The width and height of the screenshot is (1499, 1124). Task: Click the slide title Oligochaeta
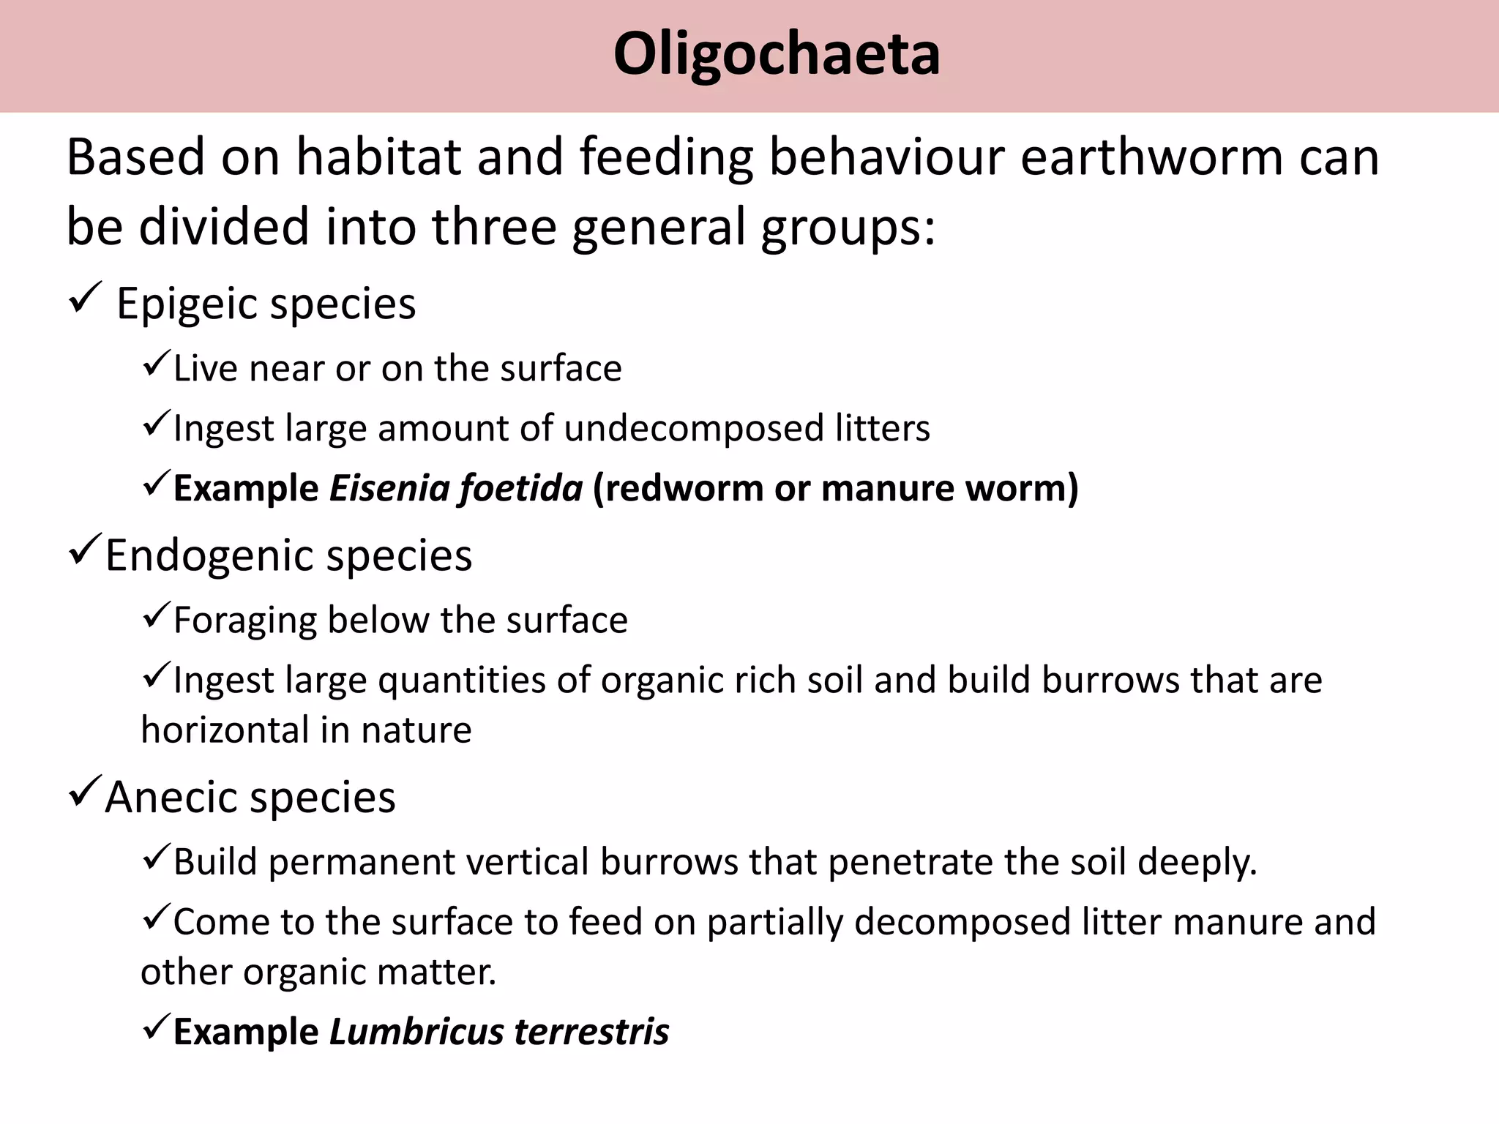[777, 54]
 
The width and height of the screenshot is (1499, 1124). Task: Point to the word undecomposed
[694, 428]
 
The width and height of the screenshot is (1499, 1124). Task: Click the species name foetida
[520, 488]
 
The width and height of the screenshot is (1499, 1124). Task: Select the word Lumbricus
[416, 1032]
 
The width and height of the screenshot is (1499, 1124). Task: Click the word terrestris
[591, 1032]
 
